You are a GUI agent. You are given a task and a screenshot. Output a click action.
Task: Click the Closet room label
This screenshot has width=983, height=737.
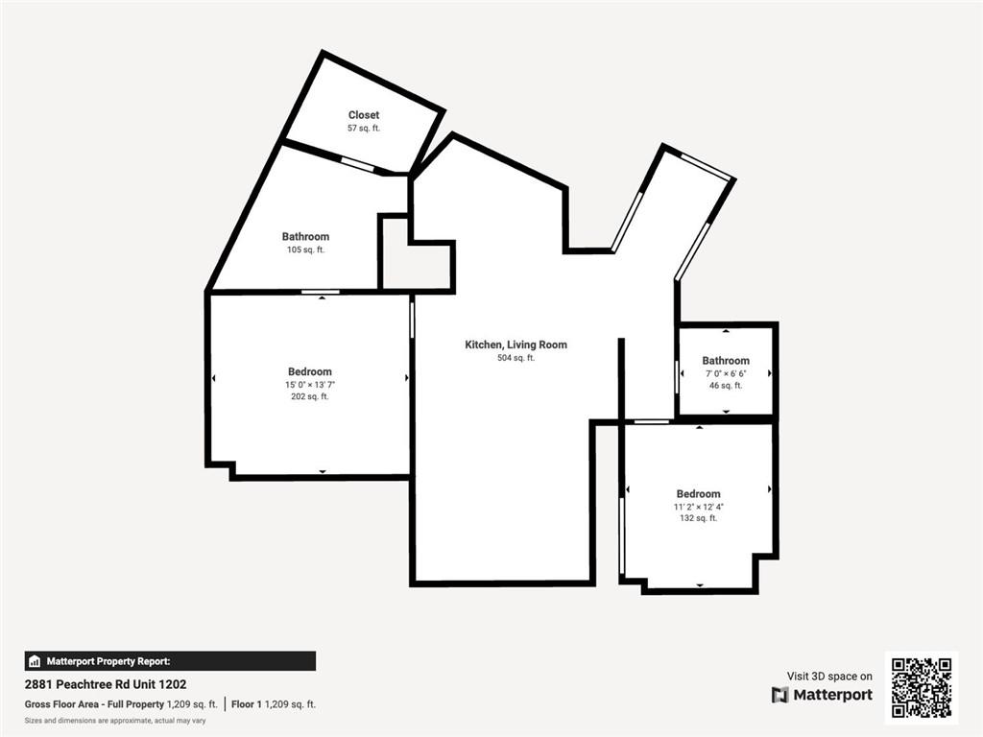click(364, 115)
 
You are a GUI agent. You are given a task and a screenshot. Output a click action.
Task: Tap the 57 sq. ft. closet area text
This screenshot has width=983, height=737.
click(364, 128)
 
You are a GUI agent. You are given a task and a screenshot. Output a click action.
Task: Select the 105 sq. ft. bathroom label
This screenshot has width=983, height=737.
click(305, 250)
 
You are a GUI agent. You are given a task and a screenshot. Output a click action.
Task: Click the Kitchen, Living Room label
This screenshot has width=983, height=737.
click(515, 345)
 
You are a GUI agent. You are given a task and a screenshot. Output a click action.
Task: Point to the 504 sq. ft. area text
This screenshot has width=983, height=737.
click(515, 358)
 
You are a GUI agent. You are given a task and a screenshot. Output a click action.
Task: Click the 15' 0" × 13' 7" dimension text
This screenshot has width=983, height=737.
click(310, 385)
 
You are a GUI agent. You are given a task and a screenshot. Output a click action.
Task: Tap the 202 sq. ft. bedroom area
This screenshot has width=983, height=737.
click(310, 396)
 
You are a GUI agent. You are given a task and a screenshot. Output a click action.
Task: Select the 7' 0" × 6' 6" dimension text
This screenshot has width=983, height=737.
click(726, 373)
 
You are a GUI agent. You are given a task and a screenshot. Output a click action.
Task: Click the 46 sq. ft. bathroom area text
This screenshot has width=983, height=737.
click(726, 386)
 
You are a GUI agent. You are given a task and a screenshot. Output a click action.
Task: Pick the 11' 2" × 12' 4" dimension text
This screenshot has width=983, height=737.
click(699, 507)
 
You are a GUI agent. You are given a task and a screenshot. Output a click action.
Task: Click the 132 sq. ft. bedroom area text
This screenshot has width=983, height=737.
click(699, 518)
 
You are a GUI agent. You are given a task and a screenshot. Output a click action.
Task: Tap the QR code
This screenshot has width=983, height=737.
click(922, 688)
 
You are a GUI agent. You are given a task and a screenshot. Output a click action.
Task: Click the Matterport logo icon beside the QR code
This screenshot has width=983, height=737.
click(779, 695)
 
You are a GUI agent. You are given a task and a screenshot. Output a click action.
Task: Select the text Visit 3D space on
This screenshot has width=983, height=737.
click(829, 677)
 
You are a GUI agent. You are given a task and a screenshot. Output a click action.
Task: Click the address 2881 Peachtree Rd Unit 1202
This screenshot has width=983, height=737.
click(106, 684)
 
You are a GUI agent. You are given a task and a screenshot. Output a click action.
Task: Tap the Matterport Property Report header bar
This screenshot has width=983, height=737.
click(170, 661)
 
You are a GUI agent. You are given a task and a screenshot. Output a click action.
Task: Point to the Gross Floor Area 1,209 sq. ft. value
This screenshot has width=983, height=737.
click(192, 704)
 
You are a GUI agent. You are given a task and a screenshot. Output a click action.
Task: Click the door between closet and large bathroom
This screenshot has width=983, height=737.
click(358, 164)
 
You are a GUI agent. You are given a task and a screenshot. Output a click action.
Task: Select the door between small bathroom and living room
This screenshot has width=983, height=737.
click(677, 377)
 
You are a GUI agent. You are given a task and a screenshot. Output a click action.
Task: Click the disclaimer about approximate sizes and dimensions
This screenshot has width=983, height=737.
click(115, 721)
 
